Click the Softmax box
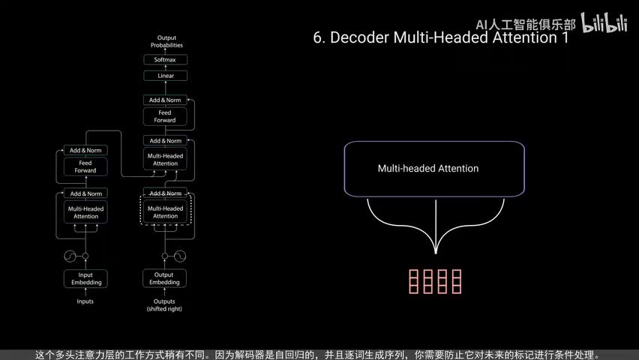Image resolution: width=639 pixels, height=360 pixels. pyautogui.click(x=165, y=59)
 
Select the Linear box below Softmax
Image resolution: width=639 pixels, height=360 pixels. pyautogui.click(x=165, y=76)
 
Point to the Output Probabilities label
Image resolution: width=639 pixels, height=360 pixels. pyautogui.click(x=165, y=41)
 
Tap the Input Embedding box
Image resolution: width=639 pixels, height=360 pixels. pyautogui.click(x=86, y=278)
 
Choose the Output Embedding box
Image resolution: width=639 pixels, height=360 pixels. pyautogui.click(x=165, y=278)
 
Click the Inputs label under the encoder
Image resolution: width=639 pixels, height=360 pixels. pyautogui.click(x=86, y=301)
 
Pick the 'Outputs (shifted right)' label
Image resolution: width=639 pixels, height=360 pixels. pyautogui.click(x=165, y=304)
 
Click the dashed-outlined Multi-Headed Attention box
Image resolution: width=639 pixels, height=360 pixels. pyautogui.click(x=165, y=212)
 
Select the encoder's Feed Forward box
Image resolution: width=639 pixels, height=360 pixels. pyautogui.click(x=86, y=166)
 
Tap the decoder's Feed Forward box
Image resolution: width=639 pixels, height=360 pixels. pyautogui.click(x=165, y=116)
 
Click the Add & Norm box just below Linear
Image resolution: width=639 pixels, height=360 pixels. pyautogui.click(x=165, y=100)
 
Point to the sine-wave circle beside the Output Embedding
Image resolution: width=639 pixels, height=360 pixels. pyautogui.click(x=180, y=256)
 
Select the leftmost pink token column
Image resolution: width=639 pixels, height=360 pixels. pyautogui.click(x=413, y=280)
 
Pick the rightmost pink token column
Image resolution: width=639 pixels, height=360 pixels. pyautogui.click(x=456, y=280)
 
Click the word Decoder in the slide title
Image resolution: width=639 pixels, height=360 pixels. pyautogui.click(x=360, y=38)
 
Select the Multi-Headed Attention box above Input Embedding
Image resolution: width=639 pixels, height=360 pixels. pyautogui.click(x=86, y=212)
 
